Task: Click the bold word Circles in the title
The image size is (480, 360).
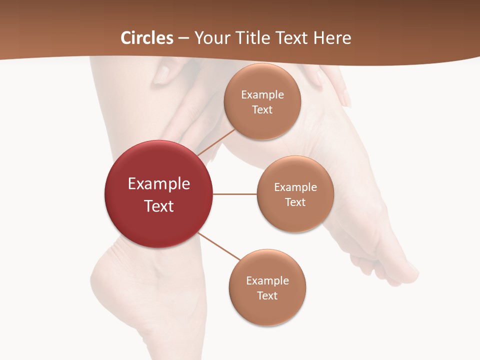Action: click(146, 38)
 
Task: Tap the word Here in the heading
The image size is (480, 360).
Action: click(332, 38)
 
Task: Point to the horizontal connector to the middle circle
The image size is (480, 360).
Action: click(235, 194)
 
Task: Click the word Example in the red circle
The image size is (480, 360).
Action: click(159, 184)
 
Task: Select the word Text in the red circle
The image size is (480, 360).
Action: click(159, 206)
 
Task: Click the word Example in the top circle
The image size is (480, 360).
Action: click(262, 94)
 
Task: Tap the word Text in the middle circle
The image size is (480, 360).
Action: click(295, 202)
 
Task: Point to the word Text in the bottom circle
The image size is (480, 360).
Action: click(267, 295)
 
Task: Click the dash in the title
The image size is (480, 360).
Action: click(183, 38)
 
